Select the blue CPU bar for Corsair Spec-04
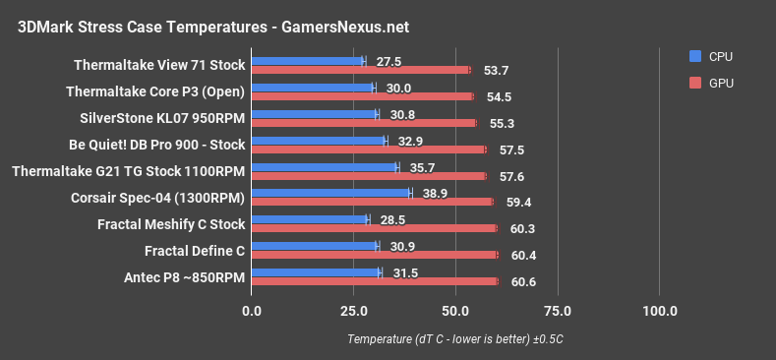point(331,193)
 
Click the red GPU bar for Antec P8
point(375,281)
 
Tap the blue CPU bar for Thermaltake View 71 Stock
point(308,61)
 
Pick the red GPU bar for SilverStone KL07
point(364,123)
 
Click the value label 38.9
point(434,193)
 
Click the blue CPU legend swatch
point(696,56)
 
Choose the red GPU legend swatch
point(696,84)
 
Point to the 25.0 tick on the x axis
point(354,312)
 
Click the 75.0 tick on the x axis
point(558,312)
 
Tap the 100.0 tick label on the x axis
point(660,312)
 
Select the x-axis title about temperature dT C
point(455,339)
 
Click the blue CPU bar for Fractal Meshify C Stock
point(310,219)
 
